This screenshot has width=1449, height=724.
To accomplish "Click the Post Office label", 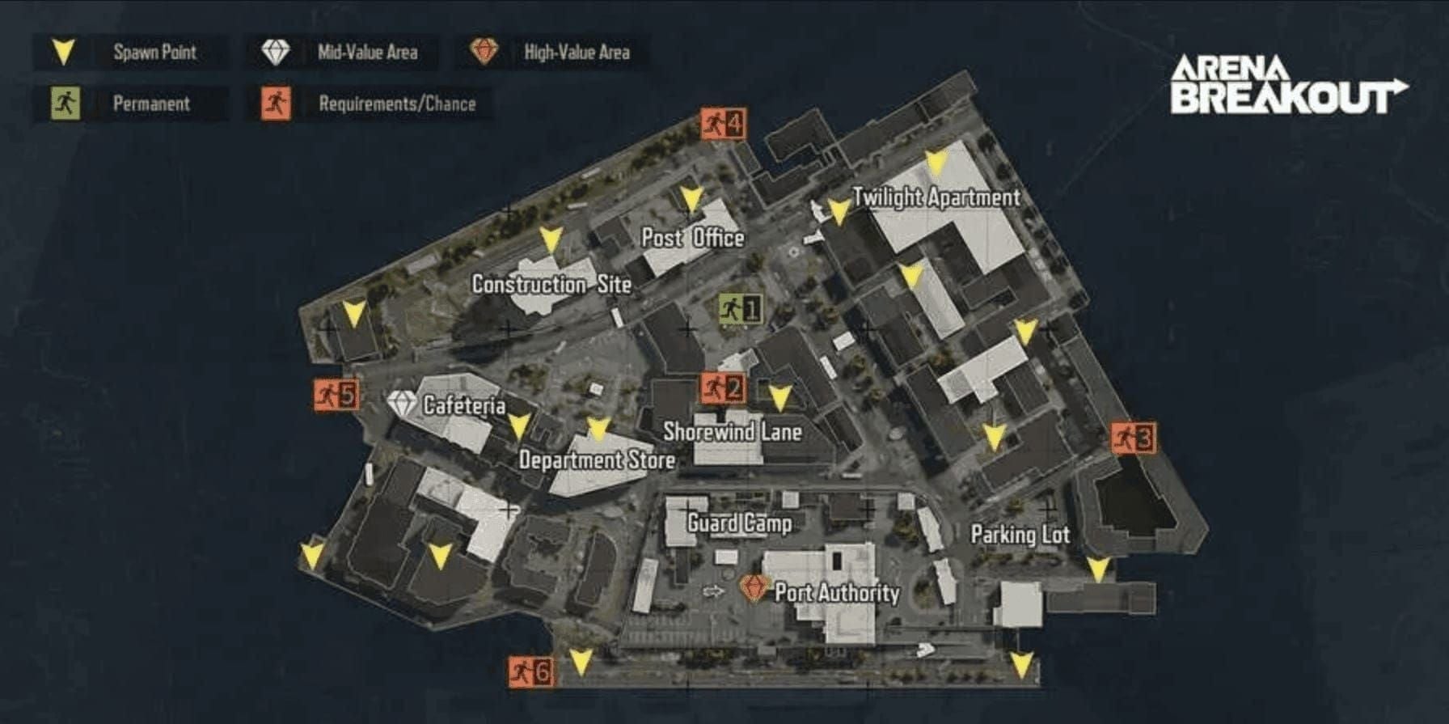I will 692,238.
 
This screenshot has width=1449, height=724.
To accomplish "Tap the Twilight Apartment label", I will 936,197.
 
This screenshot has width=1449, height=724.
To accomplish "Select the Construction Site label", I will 551,285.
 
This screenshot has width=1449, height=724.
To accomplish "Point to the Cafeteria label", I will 464,405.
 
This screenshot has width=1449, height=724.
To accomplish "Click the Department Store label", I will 597,460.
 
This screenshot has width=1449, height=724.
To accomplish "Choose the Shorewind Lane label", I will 733,432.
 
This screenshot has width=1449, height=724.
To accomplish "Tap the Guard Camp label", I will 739,523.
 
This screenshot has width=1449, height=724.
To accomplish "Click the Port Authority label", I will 837,593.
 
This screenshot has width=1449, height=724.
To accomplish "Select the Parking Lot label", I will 1020,535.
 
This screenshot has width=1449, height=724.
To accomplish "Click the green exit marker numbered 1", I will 740,308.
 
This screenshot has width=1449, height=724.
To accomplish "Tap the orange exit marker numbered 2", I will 722,388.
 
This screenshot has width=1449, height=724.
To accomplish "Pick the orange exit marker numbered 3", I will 1133,438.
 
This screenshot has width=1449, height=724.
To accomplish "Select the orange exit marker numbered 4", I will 723,125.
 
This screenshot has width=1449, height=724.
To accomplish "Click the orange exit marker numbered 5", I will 336,395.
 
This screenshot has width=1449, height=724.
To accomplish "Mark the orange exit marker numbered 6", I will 531,671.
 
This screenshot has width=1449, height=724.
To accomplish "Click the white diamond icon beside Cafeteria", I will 402,404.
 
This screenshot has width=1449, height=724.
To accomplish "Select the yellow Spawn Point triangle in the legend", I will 63,53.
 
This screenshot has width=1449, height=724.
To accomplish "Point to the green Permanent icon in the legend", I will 65,104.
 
